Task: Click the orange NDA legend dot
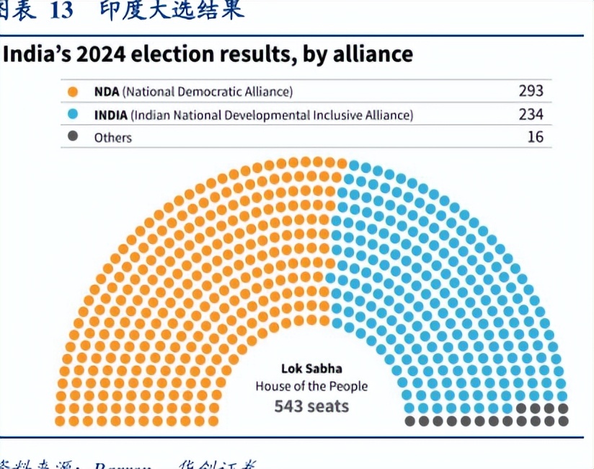click(x=72, y=92)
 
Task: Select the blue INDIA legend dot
click(x=72, y=114)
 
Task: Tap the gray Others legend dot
click(x=72, y=136)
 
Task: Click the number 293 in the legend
click(x=531, y=92)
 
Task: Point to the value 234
click(x=531, y=114)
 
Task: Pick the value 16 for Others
click(x=535, y=136)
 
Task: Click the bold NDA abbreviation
click(x=107, y=92)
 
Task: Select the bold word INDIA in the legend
click(x=111, y=114)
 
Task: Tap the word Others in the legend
click(x=113, y=137)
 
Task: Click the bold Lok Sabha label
click(x=311, y=367)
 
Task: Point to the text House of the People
click(x=311, y=386)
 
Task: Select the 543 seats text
click(x=311, y=406)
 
